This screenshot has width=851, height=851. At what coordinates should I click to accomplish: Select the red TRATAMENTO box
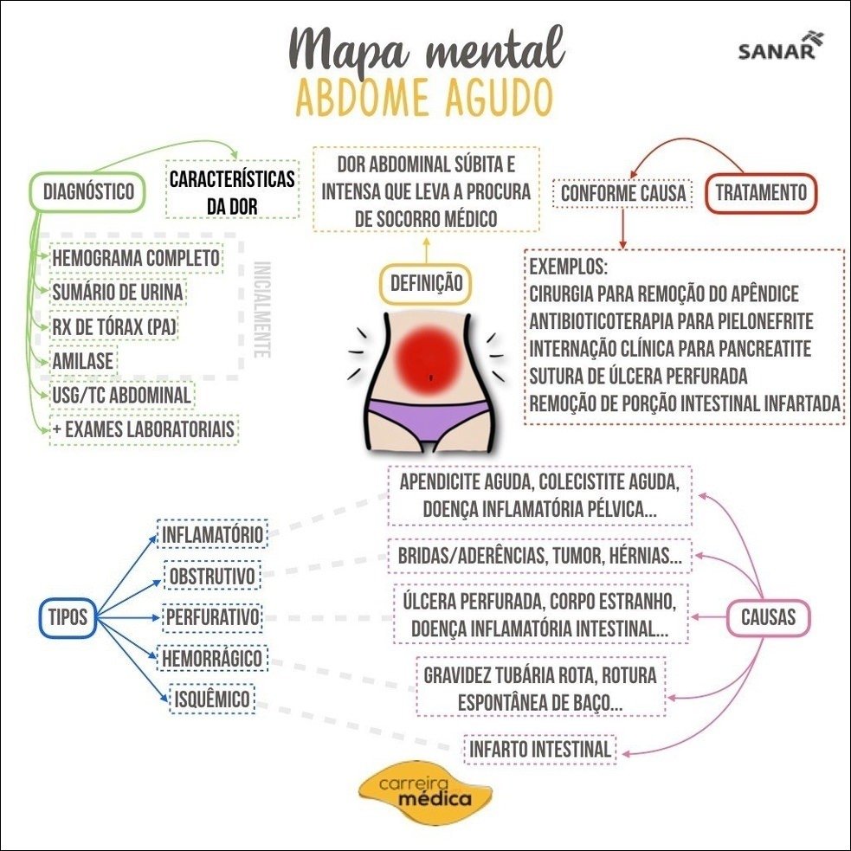coord(761,192)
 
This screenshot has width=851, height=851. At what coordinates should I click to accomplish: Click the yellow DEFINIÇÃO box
coord(426,283)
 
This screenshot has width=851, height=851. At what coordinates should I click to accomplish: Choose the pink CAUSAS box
coord(768,617)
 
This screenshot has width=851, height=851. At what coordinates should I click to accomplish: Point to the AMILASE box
coord(83,359)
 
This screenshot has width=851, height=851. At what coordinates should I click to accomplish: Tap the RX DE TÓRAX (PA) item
coord(115,326)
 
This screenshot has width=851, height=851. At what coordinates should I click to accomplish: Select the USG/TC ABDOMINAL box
coord(120,396)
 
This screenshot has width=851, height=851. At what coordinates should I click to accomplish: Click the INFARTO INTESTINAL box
coord(540,749)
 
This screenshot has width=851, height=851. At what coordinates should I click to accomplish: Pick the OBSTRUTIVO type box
coord(210,575)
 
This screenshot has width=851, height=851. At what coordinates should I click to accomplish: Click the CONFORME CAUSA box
coord(623,193)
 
